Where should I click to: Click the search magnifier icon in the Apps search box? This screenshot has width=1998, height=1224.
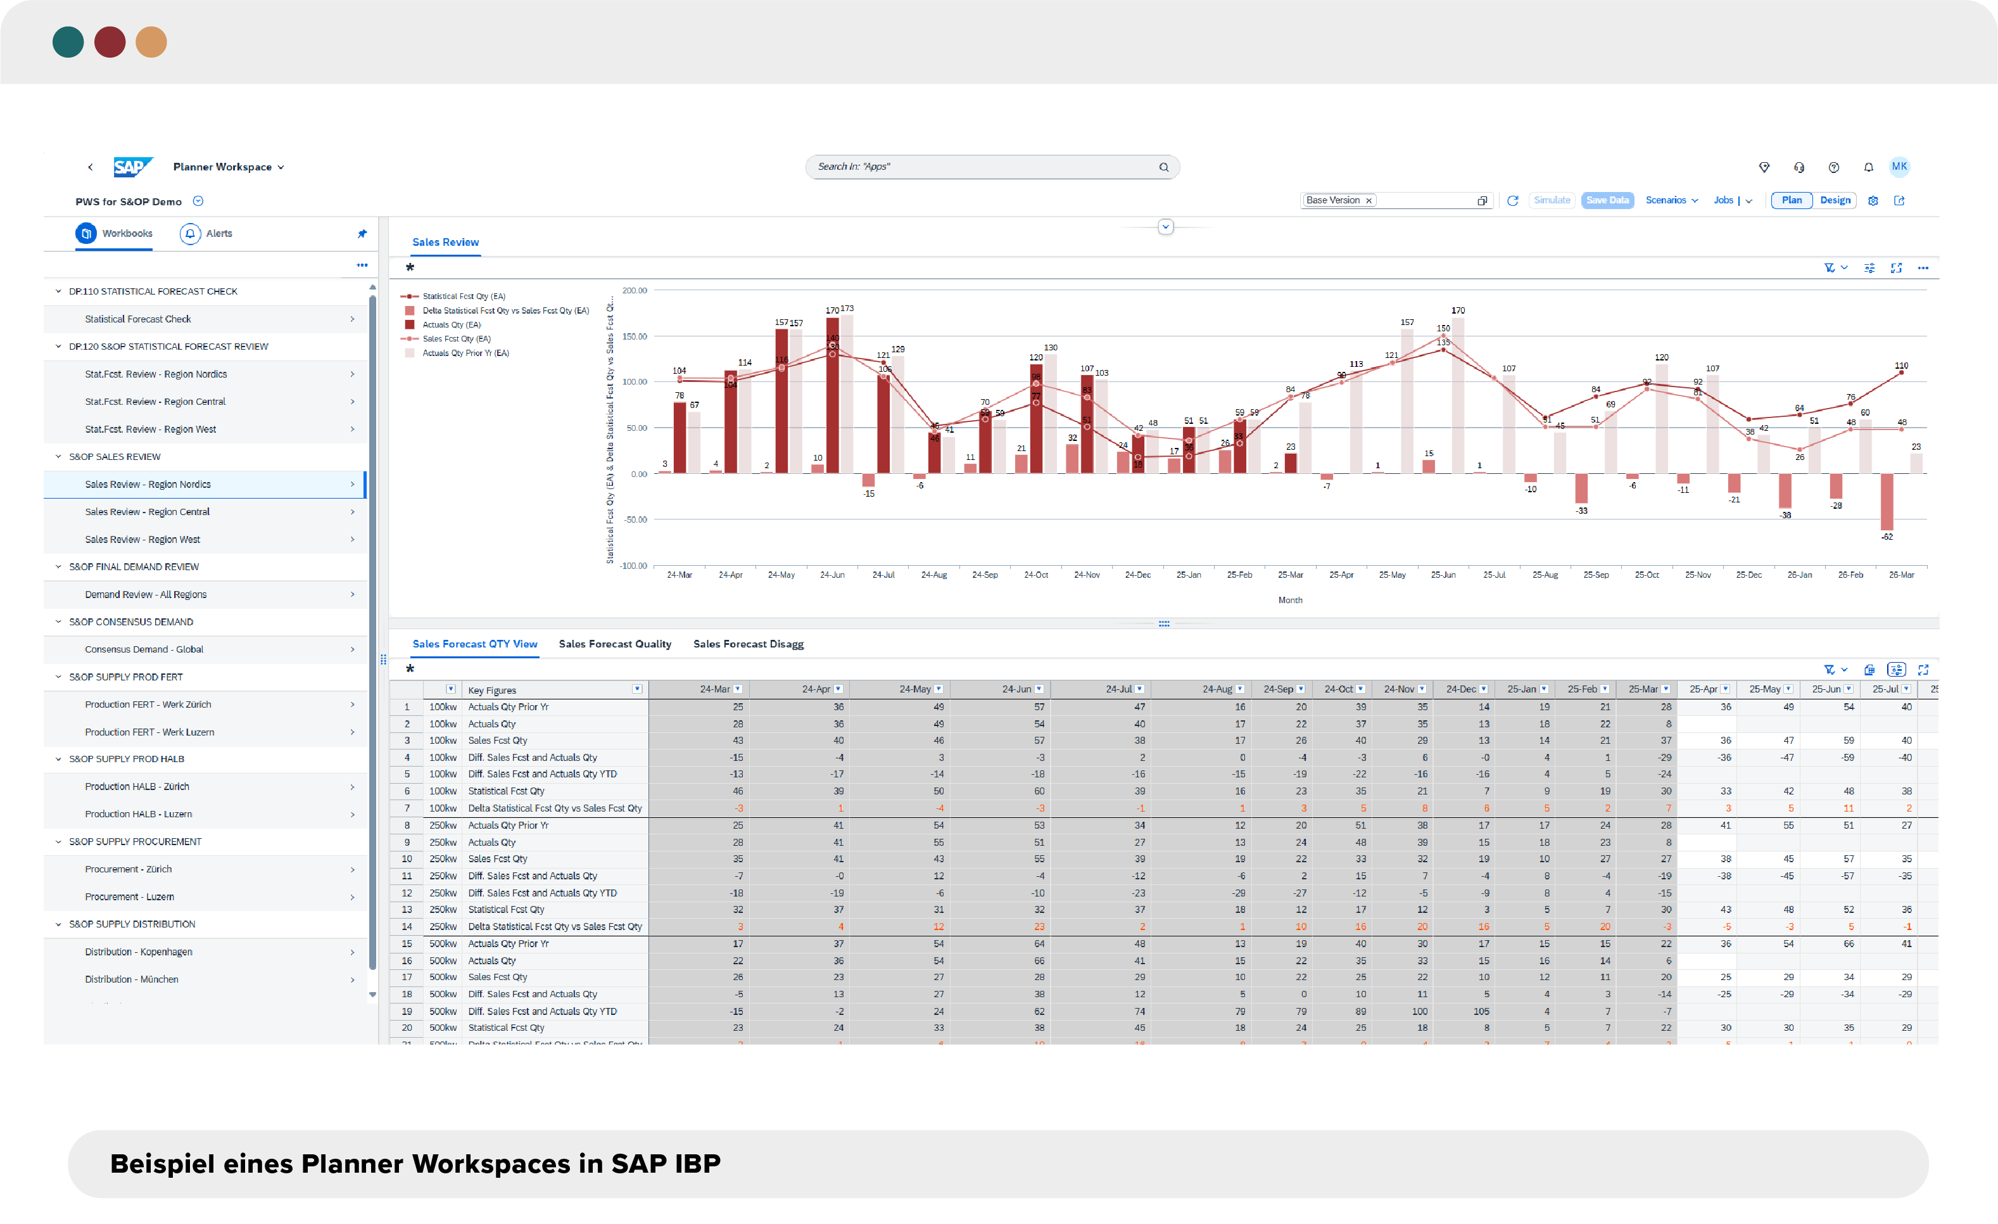click(x=1163, y=167)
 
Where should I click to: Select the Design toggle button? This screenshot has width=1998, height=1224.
click(x=1835, y=200)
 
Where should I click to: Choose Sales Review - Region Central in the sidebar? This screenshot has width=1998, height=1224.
click(x=147, y=512)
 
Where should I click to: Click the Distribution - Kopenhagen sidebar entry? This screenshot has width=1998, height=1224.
click(x=139, y=952)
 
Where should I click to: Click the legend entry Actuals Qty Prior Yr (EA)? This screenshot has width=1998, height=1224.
click(x=465, y=353)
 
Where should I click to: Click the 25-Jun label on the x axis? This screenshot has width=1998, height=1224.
click(x=1443, y=575)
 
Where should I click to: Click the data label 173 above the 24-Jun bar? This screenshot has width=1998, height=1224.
click(x=847, y=309)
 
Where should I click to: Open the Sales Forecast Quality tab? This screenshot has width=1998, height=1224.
click(x=615, y=644)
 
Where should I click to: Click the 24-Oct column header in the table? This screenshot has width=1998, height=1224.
click(x=1338, y=689)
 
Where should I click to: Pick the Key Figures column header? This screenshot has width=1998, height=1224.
click(x=492, y=691)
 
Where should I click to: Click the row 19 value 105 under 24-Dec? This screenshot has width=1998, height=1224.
click(x=1481, y=1012)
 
